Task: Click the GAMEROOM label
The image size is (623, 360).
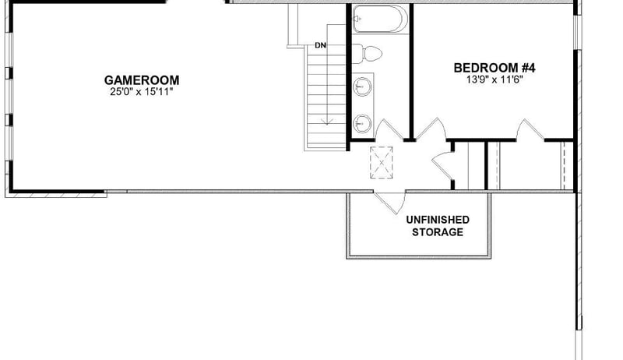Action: pyautogui.click(x=143, y=79)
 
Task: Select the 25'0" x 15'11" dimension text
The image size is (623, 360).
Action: pyautogui.click(x=141, y=92)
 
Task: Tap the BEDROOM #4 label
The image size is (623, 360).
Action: pyautogui.click(x=495, y=68)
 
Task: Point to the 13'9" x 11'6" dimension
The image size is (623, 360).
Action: pyautogui.click(x=495, y=79)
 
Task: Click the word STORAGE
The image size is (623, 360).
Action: pyautogui.click(x=438, y=232)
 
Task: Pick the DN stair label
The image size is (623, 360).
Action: pyautogui.click(x=320, y=45)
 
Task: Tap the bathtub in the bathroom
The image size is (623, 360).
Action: pyautogui.click(x=378, y=19)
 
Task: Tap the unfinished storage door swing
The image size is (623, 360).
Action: pyautogui.click(x=389, y=202)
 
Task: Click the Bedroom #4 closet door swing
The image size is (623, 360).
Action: pyautogui.click(x=530, y=129)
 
